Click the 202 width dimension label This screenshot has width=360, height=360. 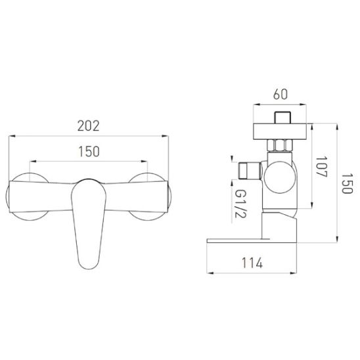(89, 126)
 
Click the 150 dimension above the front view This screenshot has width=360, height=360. (89, 152)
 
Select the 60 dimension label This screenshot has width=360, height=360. (281, 94)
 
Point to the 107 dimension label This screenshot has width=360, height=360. (321, 167)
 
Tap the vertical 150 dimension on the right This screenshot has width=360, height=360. (347, 183)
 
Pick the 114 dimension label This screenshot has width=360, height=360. (252, 263)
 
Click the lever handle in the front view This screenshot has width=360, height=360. (89, 223)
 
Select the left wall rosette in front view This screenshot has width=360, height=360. (28, 196)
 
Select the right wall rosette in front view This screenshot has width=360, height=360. (150, 196)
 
